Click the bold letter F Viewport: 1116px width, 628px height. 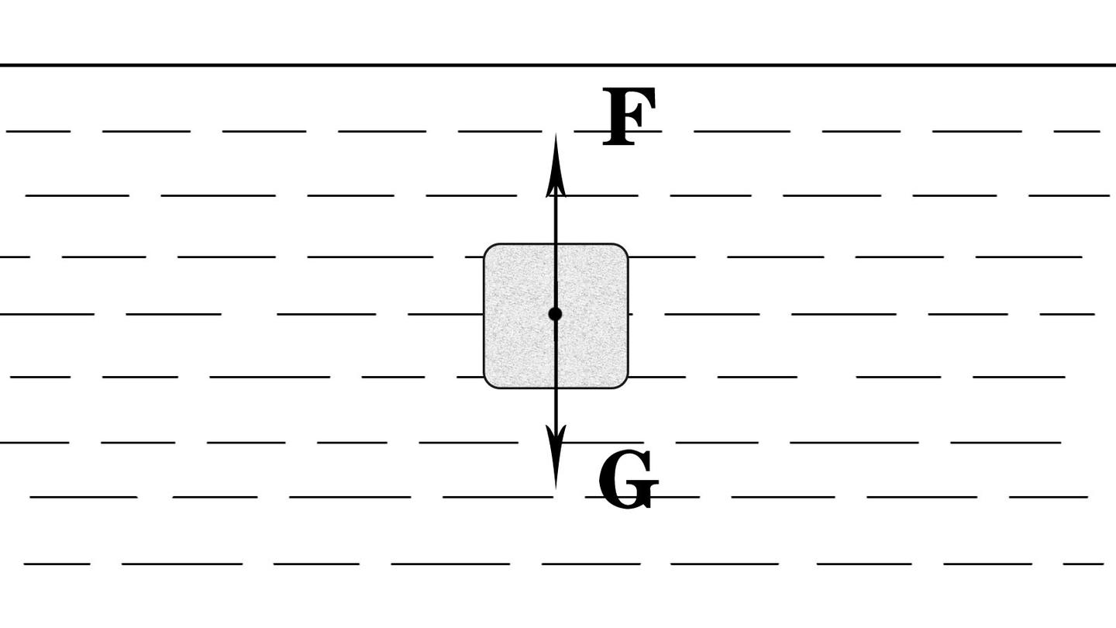point(629,116)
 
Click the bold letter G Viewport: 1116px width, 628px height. point(629,479)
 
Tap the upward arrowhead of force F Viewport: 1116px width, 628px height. point(556,164)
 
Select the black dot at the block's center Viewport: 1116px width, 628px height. point(555,314)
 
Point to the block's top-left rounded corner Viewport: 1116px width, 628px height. point(489,249)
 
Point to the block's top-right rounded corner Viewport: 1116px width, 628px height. point(623,249)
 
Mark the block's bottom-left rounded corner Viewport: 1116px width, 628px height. point(489,383)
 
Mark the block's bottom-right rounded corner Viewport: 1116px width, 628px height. point(623,383)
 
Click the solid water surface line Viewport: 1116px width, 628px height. point(558,65)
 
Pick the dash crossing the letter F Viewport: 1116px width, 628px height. point(618,131)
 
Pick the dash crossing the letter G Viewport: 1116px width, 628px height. point(642,497)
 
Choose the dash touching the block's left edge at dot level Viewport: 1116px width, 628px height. point(446,314)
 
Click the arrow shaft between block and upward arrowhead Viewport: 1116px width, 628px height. point(556,220)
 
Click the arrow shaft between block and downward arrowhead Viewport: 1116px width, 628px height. point(556,407)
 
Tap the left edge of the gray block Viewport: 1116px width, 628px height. point(484,316)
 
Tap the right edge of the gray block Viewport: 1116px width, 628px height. point(628,316)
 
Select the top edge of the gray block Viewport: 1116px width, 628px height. point(556,243)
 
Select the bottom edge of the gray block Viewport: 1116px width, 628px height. point(556,388)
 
